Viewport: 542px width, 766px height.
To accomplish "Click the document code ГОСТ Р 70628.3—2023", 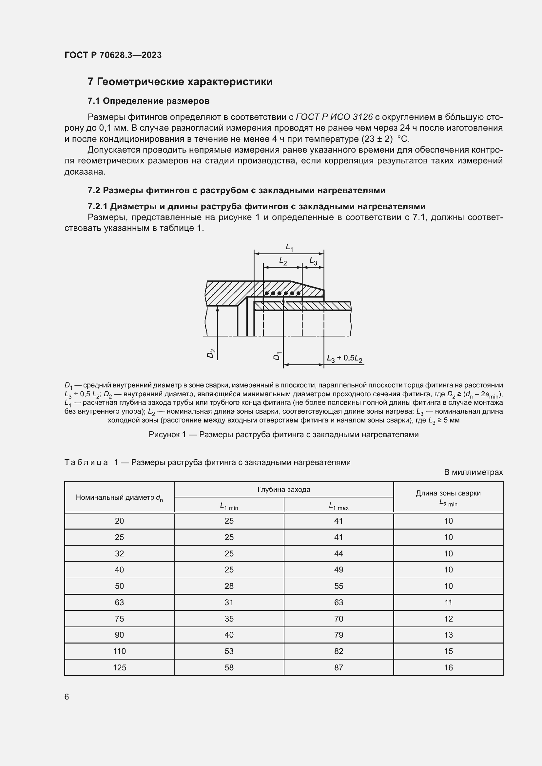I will click(113, 55).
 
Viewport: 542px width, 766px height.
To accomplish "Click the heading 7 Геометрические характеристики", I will click(180, 82).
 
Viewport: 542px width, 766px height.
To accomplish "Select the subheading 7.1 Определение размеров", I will click(148, 101).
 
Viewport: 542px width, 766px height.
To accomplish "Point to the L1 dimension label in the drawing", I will click(289, 248).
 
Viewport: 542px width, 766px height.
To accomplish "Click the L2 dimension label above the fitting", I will click(283, 261).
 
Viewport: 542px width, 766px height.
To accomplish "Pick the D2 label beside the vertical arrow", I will click(211, 353).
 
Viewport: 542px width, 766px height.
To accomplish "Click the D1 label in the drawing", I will click(277, 356).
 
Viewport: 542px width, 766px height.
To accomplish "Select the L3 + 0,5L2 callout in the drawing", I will click(344, 359).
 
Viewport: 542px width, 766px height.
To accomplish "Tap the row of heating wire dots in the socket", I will click(282, 293).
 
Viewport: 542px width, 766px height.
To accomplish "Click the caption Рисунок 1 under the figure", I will click(283, 435).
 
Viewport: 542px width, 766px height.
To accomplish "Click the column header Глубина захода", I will click(284, 489).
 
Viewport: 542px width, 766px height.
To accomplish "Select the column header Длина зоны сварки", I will click(448, 493).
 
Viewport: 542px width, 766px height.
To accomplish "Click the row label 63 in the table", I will click(119, 603).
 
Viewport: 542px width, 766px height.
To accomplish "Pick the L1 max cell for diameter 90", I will click(339, 635).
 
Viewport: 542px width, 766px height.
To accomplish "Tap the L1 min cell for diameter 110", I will click(229, 651).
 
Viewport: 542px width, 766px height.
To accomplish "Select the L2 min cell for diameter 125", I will click(448, 667).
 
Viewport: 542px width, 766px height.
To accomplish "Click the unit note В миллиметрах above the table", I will click(473, 472).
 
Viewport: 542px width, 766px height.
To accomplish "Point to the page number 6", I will click(67, 697).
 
